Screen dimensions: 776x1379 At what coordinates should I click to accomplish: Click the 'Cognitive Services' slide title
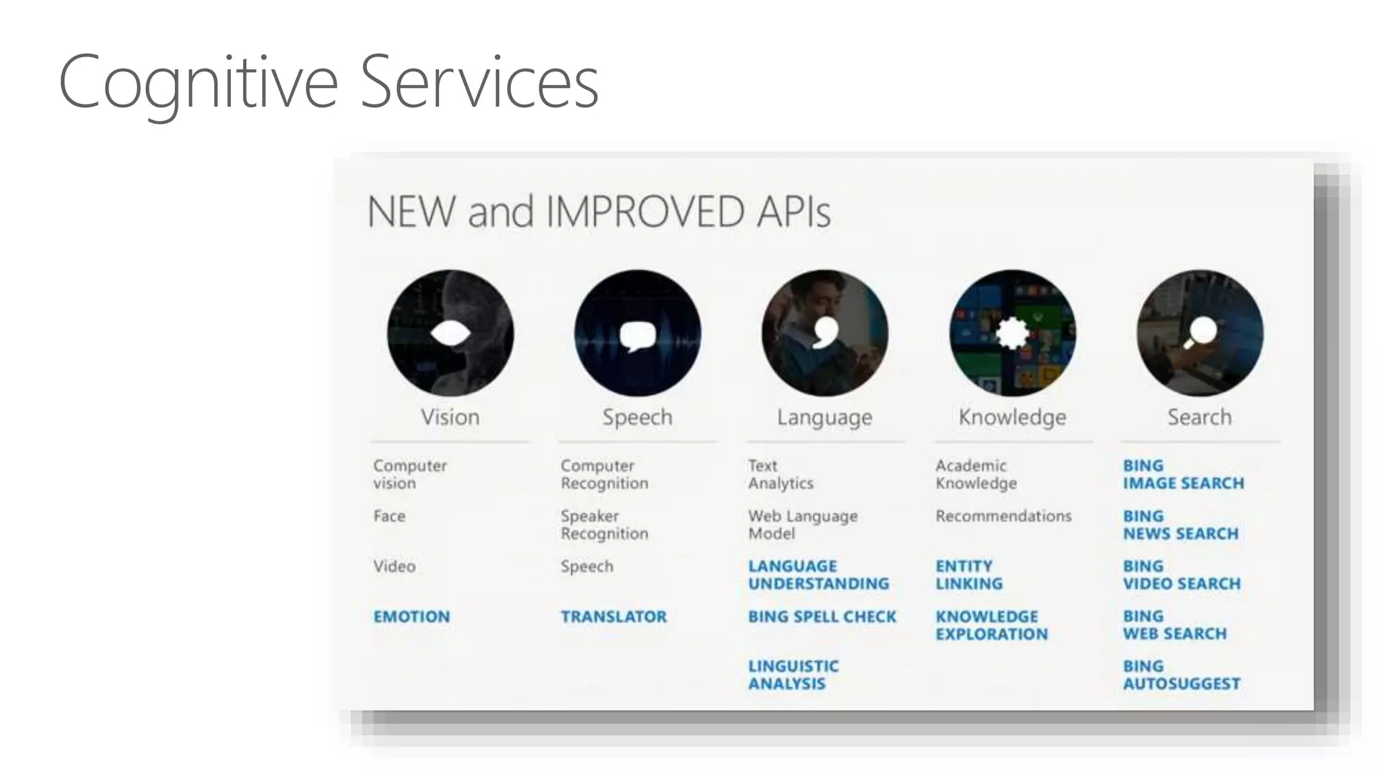click(329, 82)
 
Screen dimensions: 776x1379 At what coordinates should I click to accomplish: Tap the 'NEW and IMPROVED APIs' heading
click(599, 212)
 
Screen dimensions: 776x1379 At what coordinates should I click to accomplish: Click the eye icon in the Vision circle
click(450, 333)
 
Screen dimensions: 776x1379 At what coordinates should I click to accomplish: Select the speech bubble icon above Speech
click(637, 335)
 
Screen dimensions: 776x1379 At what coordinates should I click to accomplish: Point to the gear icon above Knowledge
click(1012, 333)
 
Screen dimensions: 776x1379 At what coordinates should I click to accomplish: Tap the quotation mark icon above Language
click(826, 333)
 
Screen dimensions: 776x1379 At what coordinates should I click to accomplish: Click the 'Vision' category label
click(450, 417)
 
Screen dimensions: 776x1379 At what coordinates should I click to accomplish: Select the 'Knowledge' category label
click(1012, 417)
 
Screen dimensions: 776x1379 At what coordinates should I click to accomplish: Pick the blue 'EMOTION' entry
click(411, 616)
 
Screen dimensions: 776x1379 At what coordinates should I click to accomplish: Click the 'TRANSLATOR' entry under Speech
click(613, 616)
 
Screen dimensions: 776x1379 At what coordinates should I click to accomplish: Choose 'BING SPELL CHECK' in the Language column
click(822, 616)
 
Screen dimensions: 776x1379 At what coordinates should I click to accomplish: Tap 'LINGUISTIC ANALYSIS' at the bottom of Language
click(793, 675)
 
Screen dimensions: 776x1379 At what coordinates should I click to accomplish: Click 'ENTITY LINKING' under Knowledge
click(969, 575)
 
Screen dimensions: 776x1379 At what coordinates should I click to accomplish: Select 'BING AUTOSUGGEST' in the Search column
click(1181, 675)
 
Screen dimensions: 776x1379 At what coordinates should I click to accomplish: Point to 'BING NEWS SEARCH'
click(1180, 525)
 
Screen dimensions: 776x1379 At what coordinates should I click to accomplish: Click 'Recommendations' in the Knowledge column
click(1003, 516)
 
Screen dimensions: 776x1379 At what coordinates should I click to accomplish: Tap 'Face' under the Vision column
click(389, 516)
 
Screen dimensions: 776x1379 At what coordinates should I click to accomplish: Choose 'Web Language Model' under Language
click(803, 525)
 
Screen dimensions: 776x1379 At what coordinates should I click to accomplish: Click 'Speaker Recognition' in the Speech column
click(604, 525)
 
